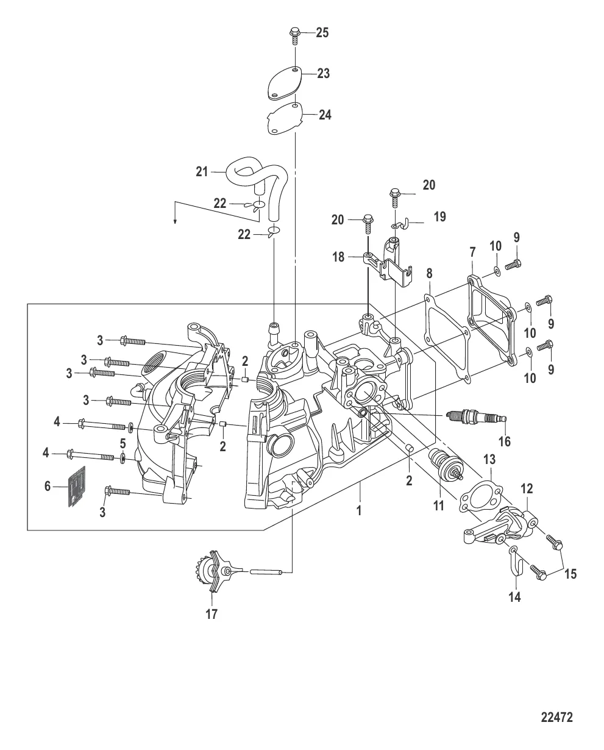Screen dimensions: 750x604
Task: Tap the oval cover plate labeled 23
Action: [286, 84]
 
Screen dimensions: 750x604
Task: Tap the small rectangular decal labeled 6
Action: [75, 487]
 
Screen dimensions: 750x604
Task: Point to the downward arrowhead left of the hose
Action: [176, 221]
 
